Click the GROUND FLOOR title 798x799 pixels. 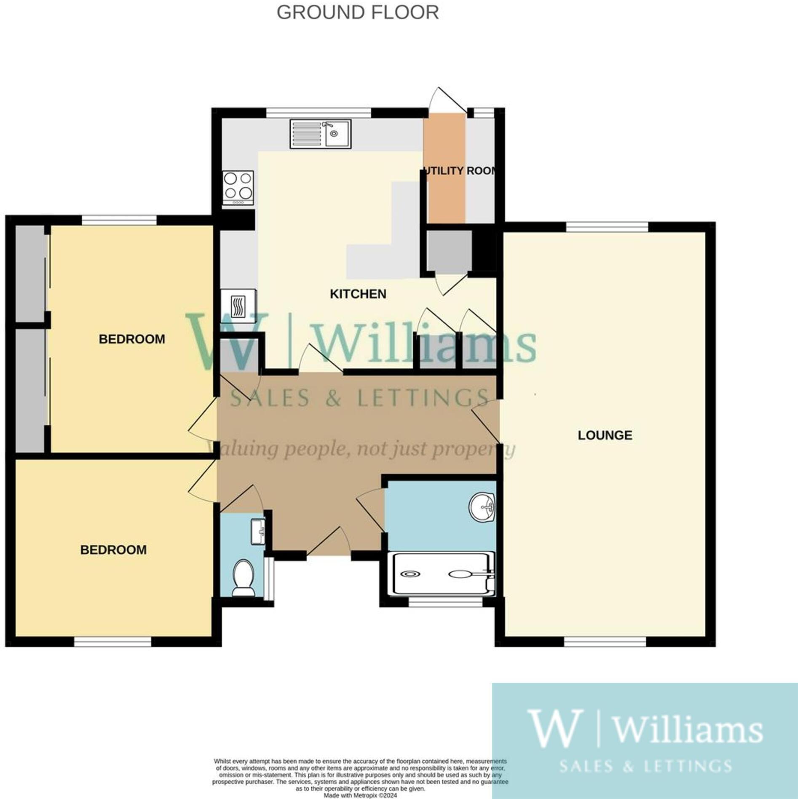coord(357,13)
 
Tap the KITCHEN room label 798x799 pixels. coord(358,294)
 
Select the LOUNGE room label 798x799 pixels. coord(605,435)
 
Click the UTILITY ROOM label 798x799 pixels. coord(460,171)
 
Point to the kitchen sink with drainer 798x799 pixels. coord(320,134)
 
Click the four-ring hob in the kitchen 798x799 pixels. coord(238,188)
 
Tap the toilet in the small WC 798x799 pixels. coord(243,577)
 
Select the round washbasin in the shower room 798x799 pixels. coord(482,507)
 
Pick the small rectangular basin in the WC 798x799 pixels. coord(257,531)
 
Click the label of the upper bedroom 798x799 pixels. coord(132,339)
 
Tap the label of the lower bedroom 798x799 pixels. coord(113,550)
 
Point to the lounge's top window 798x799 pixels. coord(607,227)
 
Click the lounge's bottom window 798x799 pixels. coord(605,642)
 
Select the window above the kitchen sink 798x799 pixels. coord(319,113)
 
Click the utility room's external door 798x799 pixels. coord(447,101)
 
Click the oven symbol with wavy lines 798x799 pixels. coord(238,306)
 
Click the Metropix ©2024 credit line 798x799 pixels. coord(360,796)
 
